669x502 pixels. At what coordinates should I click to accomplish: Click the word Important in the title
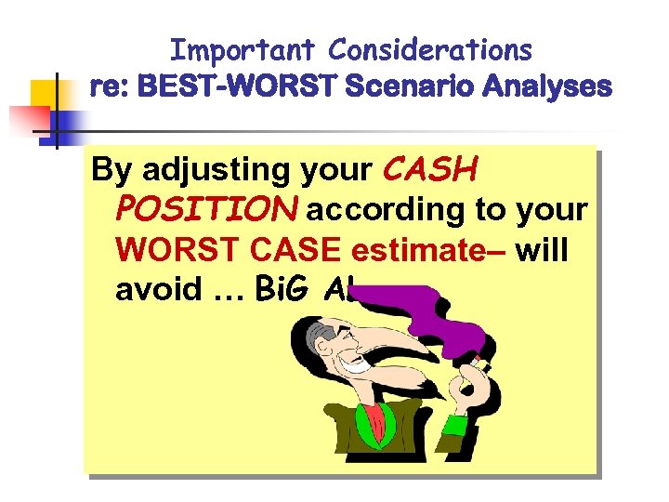point(244,49)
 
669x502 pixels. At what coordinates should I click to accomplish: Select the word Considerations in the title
point(431,49)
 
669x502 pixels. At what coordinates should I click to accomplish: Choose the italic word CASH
point(429,169)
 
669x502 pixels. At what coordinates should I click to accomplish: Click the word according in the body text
point(386,211)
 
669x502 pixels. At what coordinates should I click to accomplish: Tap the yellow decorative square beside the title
point(44,94)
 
